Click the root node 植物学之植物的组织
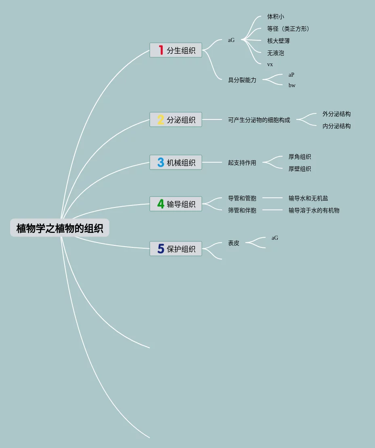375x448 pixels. pos(60,228)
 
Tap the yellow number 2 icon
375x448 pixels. pos(161,120)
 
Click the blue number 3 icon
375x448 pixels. pos(161,163)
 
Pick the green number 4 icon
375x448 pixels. pos(161,204)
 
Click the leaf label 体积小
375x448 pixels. pos(275,17)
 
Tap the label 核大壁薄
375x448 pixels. pos(278,41)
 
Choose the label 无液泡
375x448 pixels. pos(275,53)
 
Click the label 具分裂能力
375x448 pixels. pos(242,80)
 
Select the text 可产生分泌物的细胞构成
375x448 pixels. pos(259,120)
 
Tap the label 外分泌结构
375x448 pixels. pos(336,114)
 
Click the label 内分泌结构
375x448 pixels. pos(336,126)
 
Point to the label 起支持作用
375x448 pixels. pos(242,163)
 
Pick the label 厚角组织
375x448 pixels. pos(300,157)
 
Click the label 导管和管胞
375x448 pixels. pos(242,198)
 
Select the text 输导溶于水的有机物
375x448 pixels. pos(314,210)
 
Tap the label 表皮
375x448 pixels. pos(233,243)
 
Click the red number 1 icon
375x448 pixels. pos(161,50)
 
